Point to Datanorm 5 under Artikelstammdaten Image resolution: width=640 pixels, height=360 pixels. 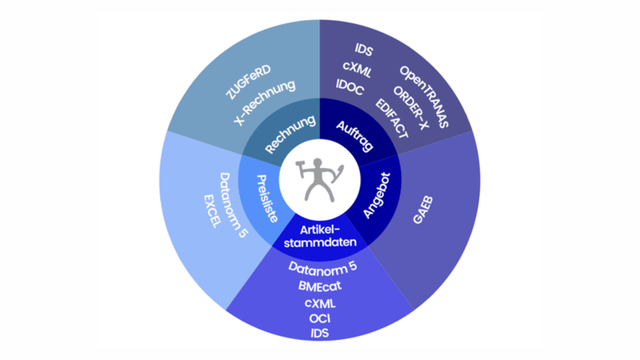(320, 268)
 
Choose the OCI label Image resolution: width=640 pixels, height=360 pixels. (320, 318)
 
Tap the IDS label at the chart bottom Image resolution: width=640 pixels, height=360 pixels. (320, 333)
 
